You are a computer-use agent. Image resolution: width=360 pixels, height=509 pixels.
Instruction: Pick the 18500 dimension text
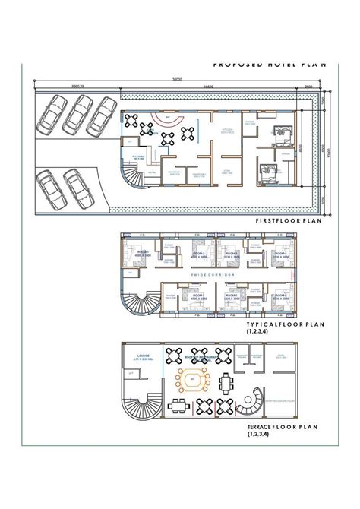click(x=207, y=87)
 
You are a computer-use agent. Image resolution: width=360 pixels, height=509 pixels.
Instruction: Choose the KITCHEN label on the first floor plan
click(x=226, y=131)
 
